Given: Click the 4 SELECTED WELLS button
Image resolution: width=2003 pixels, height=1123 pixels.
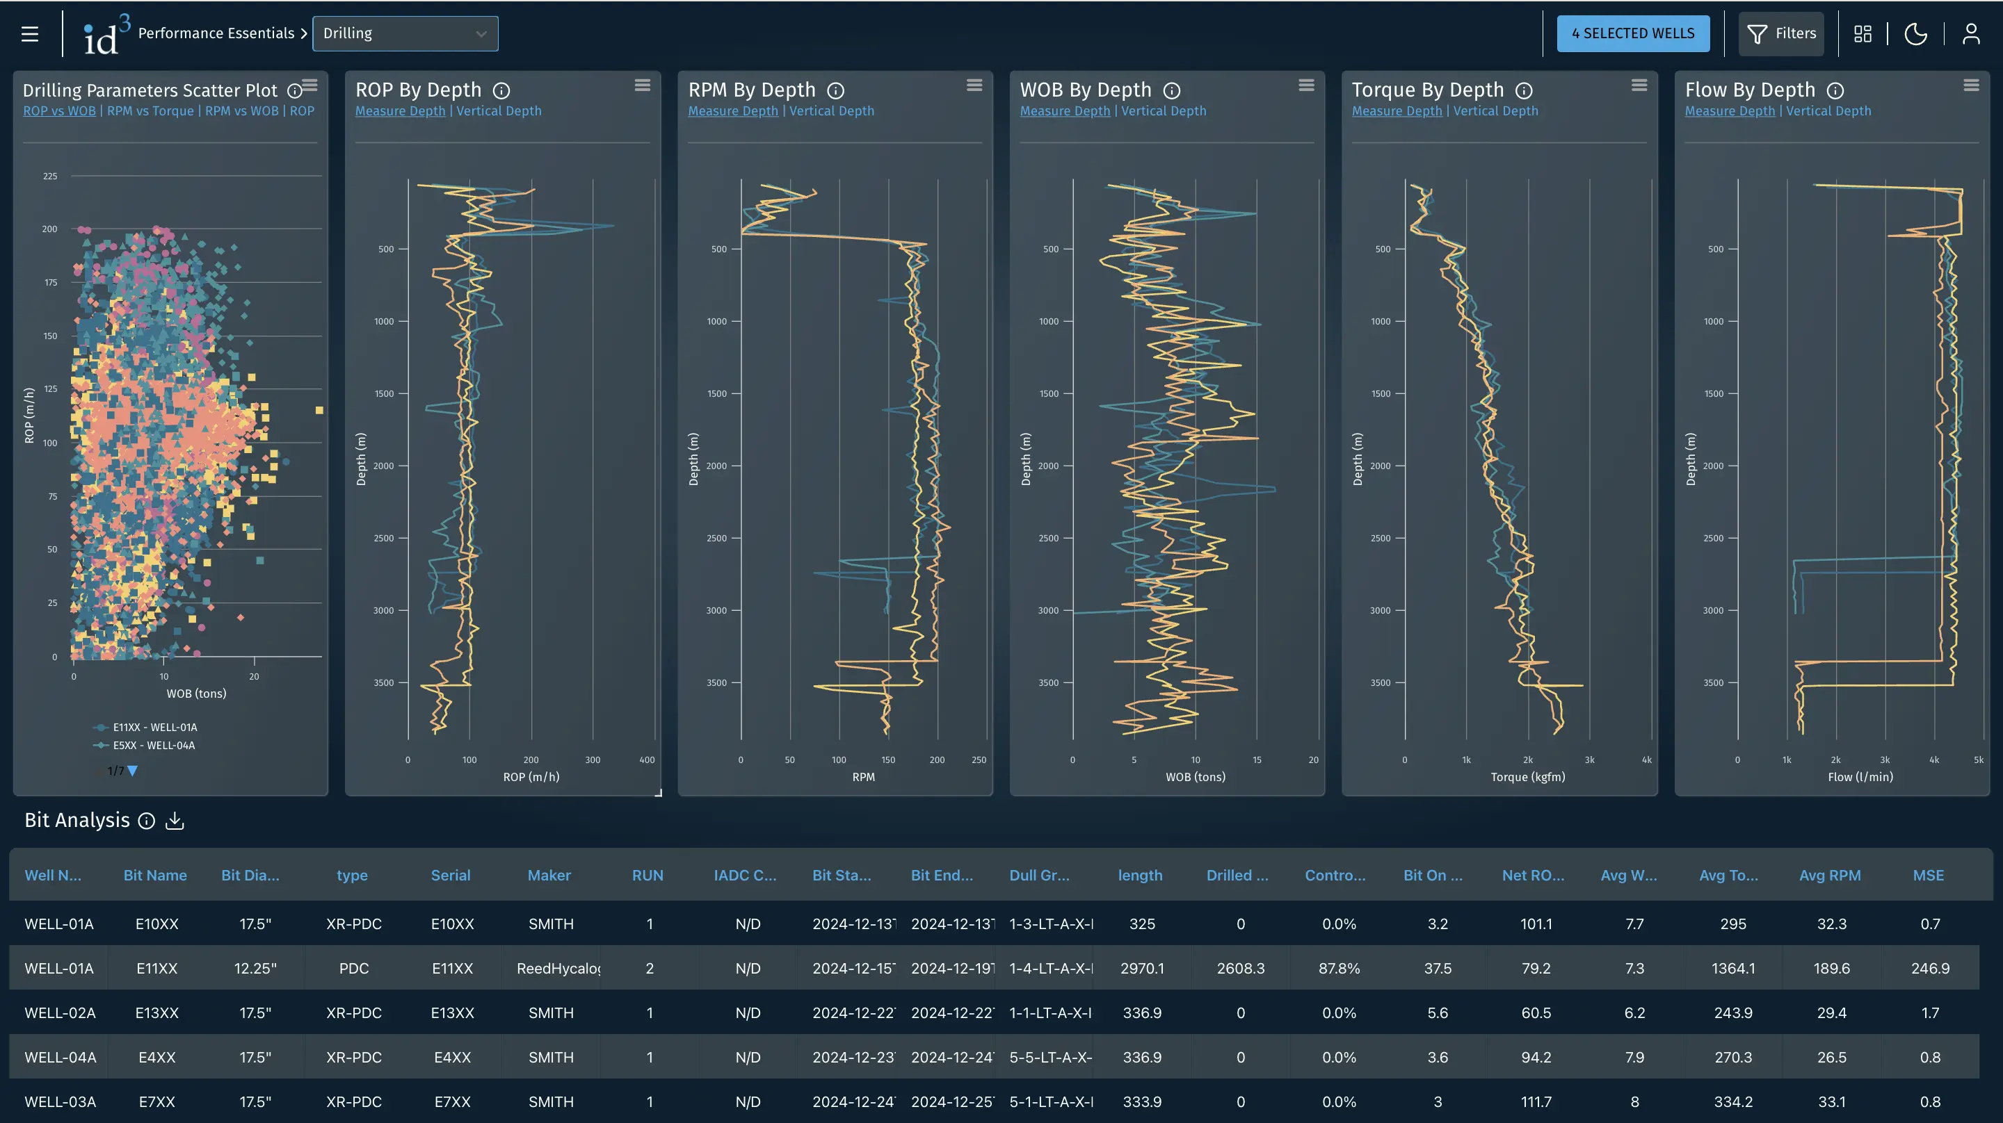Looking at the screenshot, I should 1632,33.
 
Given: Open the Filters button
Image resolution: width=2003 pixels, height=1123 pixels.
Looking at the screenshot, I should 1780,33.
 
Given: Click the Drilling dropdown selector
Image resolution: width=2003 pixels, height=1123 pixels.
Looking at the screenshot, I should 404,33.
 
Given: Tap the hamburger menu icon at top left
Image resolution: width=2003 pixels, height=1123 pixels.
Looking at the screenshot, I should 29,33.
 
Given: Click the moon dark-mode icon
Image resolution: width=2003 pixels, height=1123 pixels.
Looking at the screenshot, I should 1915,33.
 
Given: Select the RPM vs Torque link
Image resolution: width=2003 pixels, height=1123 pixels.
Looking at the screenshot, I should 150,111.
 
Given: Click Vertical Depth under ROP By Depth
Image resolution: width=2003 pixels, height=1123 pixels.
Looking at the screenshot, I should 499,111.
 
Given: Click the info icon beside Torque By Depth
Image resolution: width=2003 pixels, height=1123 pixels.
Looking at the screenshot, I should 1523,91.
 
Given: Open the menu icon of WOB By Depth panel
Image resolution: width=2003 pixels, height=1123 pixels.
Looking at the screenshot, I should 1306,85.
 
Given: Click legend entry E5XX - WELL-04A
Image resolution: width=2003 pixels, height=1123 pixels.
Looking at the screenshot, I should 154,745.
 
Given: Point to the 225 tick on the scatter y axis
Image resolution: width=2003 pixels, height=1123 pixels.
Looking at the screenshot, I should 50,177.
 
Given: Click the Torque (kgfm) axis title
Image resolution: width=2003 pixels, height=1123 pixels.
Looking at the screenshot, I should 1527,776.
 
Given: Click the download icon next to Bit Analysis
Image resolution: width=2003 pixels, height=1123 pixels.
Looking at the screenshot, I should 175,821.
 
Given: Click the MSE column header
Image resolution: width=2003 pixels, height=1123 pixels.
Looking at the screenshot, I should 1928,875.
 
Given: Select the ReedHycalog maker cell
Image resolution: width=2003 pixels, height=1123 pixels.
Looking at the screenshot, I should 558,968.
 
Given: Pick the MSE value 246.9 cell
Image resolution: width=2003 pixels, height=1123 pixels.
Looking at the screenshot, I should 1929,968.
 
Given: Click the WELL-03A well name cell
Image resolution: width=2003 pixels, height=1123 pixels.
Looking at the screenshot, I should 60,1101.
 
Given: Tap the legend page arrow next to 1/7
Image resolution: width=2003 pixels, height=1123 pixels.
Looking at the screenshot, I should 132,771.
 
